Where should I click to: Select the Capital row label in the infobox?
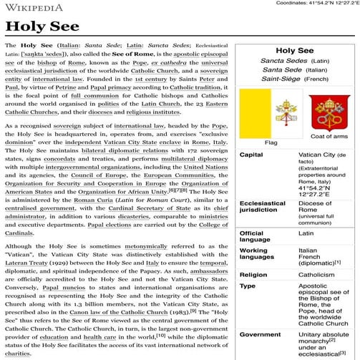click(x=250, y=155)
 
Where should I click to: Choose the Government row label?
click(x=260, y=334)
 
